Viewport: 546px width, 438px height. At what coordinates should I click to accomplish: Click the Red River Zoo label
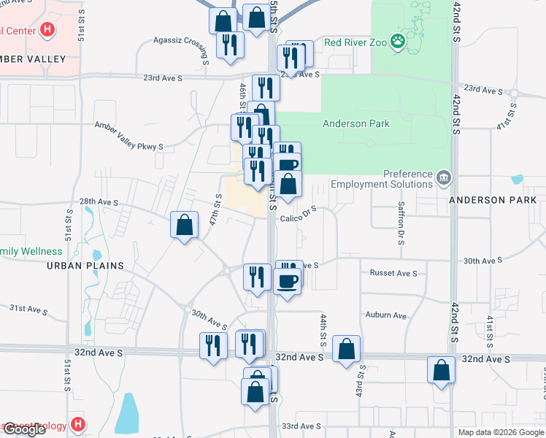(x=355, y=42)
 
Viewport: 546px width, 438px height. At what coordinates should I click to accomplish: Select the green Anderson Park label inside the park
(x=356, y=124)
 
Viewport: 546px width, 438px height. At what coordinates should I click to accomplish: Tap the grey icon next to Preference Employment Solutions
(x=443, y=178)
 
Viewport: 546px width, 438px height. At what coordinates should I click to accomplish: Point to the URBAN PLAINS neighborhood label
(x=85, y=266)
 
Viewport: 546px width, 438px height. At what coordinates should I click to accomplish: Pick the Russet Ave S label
(x=393, y=273)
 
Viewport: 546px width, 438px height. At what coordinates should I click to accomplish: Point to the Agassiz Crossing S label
(x=182, y=41)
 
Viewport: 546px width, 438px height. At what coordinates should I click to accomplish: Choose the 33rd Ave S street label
(x=301, y=426)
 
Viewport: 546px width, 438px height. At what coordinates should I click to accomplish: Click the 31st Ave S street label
(x=28, y=310)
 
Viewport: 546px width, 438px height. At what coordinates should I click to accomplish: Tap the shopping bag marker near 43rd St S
(x=346, y=350)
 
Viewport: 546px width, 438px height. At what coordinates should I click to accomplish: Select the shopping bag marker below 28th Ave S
(x=184, y=226)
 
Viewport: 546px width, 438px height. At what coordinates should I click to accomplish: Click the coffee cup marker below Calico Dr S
(x=287, y=283)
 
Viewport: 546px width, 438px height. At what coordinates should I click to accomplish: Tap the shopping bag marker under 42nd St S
(x=442, y=372)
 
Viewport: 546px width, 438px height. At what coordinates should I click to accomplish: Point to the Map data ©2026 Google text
(x=501, y=432)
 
